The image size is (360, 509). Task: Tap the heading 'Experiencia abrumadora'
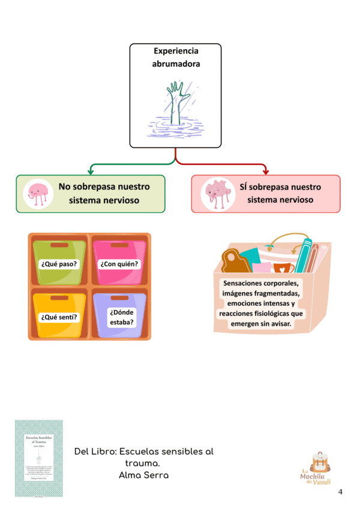176,57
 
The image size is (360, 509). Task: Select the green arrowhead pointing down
89,171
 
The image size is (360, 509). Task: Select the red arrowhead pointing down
265,171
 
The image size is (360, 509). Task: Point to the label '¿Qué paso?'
59,264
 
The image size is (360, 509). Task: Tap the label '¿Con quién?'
119,264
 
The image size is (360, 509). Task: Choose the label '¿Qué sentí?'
59,317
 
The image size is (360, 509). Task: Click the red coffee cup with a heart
284,267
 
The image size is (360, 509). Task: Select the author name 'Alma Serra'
144,475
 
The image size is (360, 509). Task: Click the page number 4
341,492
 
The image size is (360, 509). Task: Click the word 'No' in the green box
65,186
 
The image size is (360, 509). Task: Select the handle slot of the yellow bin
59,298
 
